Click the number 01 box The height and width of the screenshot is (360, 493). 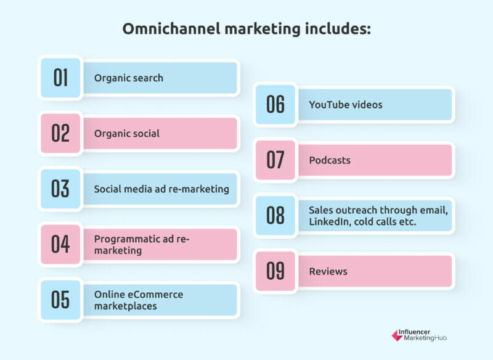point(60,78)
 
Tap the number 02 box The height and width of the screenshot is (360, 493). point(60,133)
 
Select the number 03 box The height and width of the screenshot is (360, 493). point(60,189)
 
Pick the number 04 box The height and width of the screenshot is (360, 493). point(60,244)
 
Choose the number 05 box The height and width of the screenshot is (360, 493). point(60,300)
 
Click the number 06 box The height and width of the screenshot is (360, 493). point(275,104)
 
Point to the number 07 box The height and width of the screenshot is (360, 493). point(275,160)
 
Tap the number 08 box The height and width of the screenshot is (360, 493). point(275,216)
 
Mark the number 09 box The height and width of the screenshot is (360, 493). point(275,271)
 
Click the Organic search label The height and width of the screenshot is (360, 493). point(129,78)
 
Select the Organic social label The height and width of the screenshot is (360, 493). point(127,134)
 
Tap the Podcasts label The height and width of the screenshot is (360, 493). point(330,160)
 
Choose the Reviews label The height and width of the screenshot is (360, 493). point(328,271)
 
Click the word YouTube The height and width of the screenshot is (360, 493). point(327,105)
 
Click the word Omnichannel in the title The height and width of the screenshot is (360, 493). point(171,29)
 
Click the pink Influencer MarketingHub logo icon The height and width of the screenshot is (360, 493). point(397,335)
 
